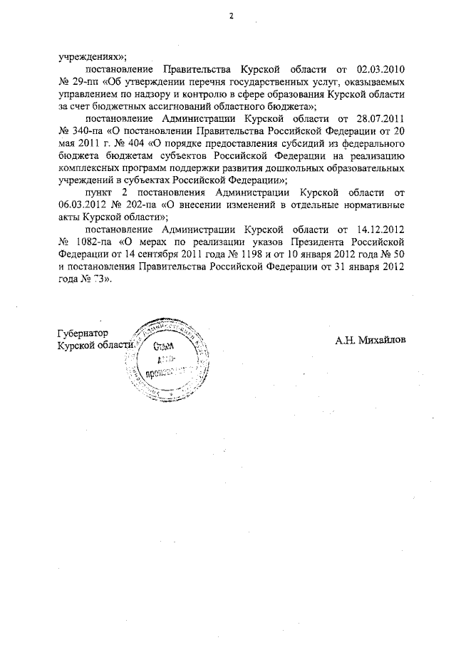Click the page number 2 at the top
click(231, 16)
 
